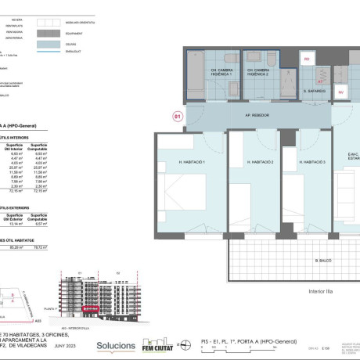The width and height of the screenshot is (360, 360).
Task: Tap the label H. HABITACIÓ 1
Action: click(x=192, y=161)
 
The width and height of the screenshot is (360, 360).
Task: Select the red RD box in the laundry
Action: click(x=307, y=59)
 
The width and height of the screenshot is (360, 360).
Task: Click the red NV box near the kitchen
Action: click(x=341, y=91)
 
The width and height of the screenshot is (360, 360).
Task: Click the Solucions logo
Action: click(x=116, y=344)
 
